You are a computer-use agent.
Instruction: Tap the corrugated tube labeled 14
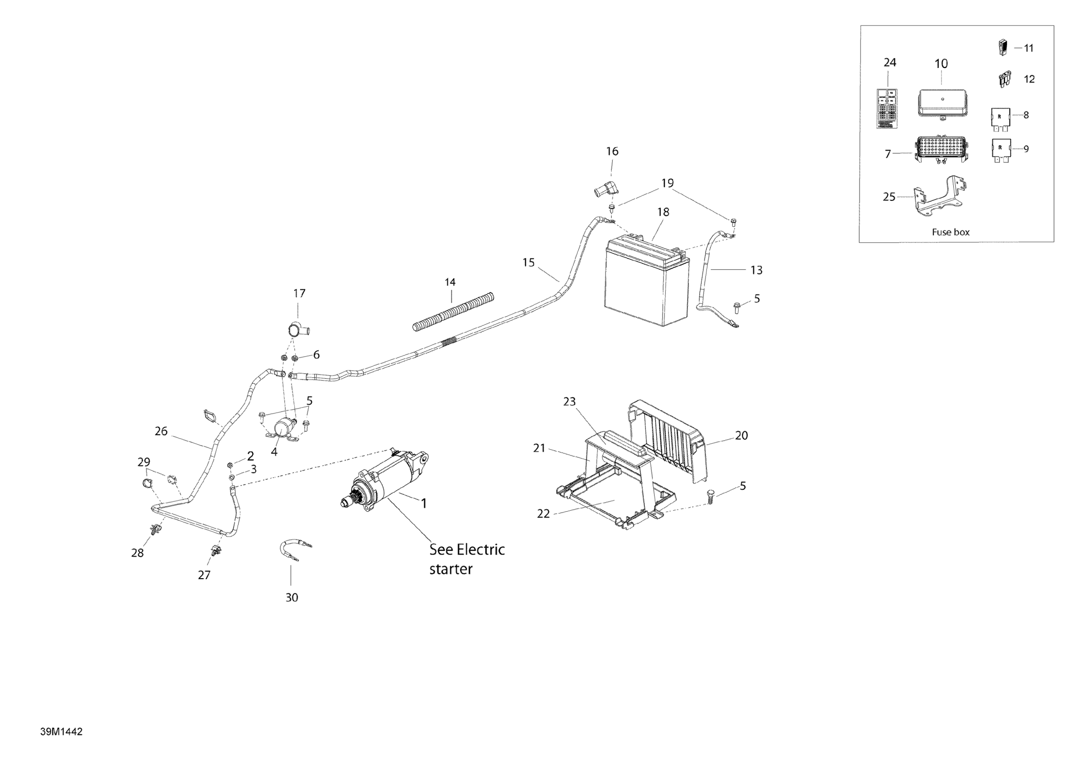[x=453, y=311]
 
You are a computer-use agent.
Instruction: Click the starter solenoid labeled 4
[x=282, y=427]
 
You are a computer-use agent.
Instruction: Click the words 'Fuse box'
[x=951, y=232]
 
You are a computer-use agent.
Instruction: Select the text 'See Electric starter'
[x=467, y=559]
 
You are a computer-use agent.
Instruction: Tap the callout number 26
[x=161, y=431]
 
